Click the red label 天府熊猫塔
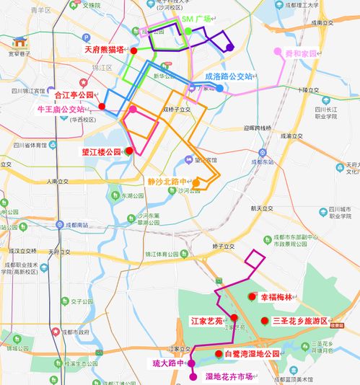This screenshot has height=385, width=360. pos(104,50)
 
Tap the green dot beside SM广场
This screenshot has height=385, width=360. pos(188,31)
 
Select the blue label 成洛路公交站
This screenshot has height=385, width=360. pos(229,76)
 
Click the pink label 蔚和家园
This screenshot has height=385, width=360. pos(300,53)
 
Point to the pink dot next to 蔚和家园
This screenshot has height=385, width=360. pos(278,52)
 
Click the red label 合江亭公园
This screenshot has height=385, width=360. pos(74,94)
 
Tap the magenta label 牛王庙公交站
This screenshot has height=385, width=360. pos(66,110)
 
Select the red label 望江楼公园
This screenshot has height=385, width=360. pos(101,152)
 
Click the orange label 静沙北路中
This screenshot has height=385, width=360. pos(167,182)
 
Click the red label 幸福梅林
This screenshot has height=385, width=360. pos(276,297)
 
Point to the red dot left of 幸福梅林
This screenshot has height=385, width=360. pos(252,296)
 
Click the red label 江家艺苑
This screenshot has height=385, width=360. pos(206,319)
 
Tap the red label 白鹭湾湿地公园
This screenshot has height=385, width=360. pos(251,353)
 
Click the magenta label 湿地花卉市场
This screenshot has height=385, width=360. pos(229,376)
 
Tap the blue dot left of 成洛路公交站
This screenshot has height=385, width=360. pos(219,89)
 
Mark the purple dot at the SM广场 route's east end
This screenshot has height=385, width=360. pos(229,48)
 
